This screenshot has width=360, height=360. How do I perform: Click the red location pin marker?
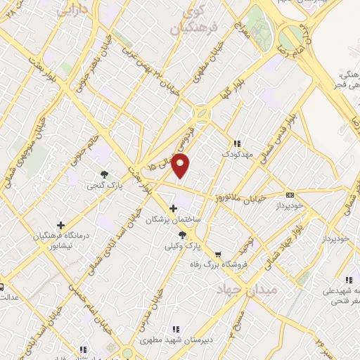click(181, 166)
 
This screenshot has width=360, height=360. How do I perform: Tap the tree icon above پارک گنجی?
click(104, 174)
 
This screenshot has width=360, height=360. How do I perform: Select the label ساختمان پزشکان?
click(173, 220)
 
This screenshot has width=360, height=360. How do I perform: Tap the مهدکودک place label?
click(236, 153)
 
